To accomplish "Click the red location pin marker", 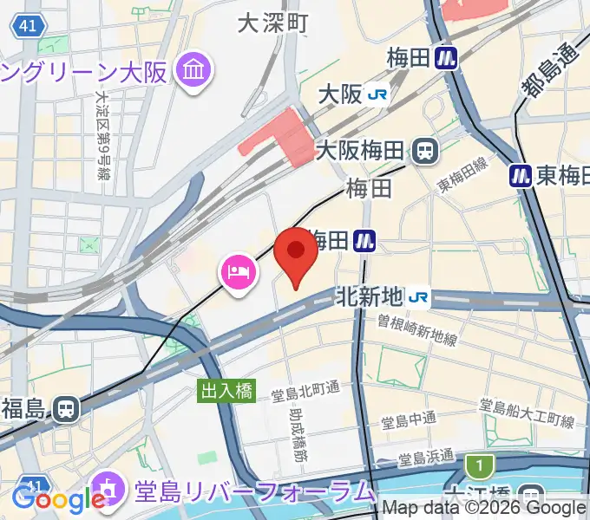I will pyautogui.click(x=295, y=254).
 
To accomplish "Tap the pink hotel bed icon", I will pyautogui.click(x=238, y=274).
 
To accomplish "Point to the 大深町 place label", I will pyautogui.click(x=273, y=23).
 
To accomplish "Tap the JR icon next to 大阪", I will pyautogui.click(x=377, y=94).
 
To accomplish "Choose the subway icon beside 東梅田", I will pyautogui.click(x=520, y=176).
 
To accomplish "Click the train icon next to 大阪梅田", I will pyautogui.click(x=425, y=151).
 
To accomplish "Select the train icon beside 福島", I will pyautogui.click(x=65, y=409).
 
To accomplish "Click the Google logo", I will pyautogui.click(x=58, y=499).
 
